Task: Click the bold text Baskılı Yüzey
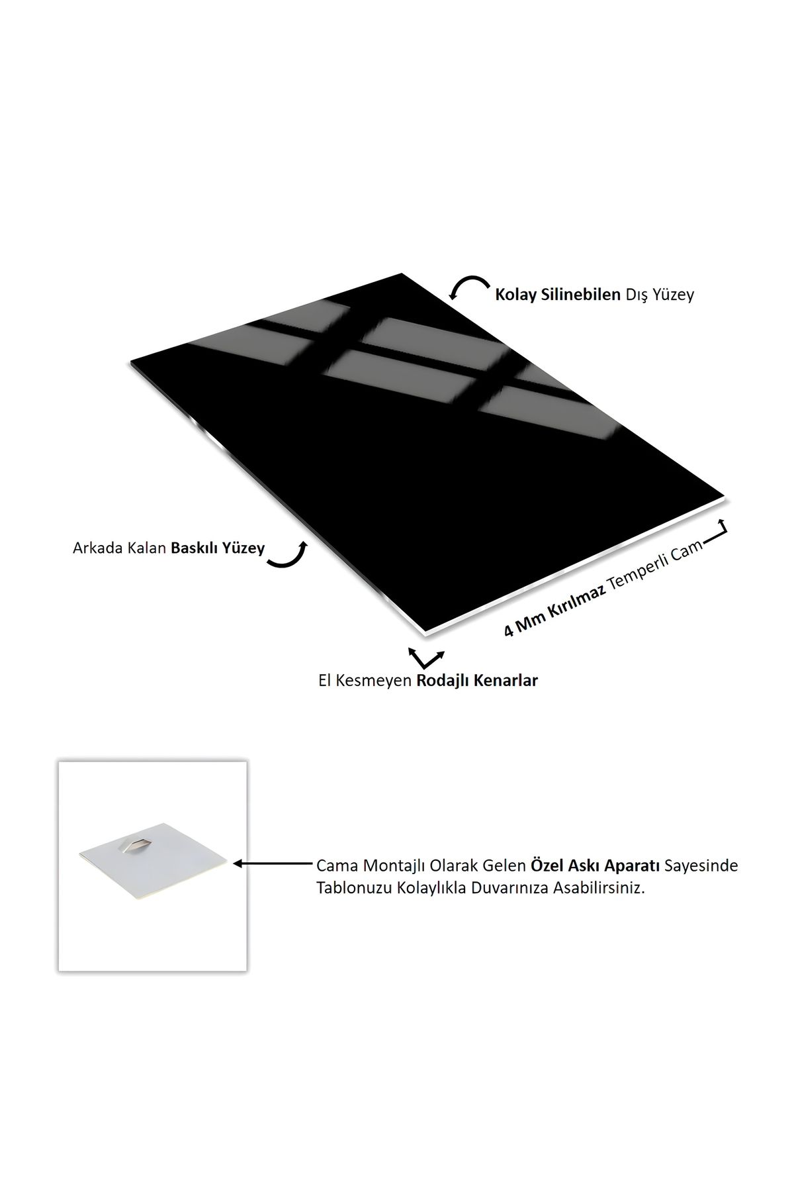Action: (218, 548)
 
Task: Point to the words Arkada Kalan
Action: (119, 548)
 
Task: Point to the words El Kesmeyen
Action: (365, 680)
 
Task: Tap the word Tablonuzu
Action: (354, 888)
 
